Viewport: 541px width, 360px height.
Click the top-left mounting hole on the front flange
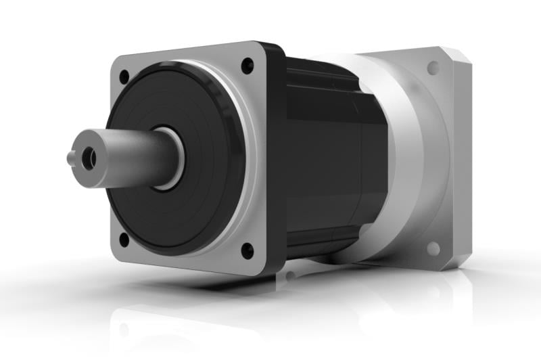pyautogui.click(x=124, y=76)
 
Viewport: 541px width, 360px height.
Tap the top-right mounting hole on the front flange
pyautogui.click(x=248, y=66)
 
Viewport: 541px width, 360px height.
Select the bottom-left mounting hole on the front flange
pyautogui.click(x=124, y=239)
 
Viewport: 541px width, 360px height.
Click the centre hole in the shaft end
pyautogui.click(x=87, y=158)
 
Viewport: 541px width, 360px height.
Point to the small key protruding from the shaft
pyautogui.click(x=71, y=158)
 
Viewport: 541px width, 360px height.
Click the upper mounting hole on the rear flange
pyautogui.click(x=433, y=68)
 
